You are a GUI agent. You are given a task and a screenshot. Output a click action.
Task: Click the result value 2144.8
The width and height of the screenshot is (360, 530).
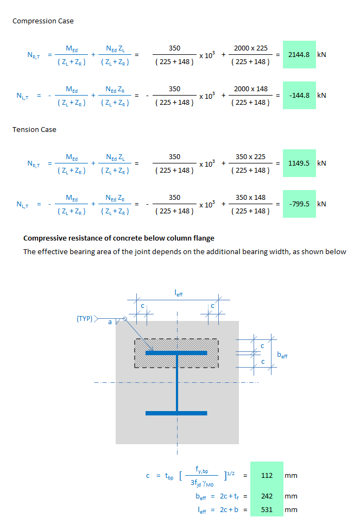click(299, 55)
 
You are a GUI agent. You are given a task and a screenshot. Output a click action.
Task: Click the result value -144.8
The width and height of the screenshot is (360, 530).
click(299, 95)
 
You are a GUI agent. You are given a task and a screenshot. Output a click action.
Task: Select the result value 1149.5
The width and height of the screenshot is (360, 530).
click(299, 163)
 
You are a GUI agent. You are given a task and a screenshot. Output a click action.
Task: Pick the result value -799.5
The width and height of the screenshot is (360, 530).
click(299, 204)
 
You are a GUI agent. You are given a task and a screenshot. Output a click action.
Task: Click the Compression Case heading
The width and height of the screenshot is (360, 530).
click(43, 21)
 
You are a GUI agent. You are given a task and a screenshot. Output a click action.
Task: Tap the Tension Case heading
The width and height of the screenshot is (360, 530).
click(34, 130)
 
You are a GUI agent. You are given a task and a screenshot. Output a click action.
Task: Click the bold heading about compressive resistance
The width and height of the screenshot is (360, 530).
click(119, 238)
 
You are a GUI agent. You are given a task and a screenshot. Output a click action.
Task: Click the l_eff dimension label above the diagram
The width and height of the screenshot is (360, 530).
click(178, 294)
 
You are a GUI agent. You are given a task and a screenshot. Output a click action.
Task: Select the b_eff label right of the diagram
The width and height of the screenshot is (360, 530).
click(282, 355)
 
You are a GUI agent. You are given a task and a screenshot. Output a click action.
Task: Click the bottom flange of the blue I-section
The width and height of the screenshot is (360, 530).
click(176, 413)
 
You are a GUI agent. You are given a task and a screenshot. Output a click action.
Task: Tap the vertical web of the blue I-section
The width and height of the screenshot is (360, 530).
click(176, 383)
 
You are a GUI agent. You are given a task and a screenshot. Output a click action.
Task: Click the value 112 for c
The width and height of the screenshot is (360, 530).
click(267, 475)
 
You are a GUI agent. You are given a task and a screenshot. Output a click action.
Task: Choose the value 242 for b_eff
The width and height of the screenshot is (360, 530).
click(267, 496)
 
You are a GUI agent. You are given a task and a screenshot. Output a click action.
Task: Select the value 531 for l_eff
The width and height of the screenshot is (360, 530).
click(267, 510)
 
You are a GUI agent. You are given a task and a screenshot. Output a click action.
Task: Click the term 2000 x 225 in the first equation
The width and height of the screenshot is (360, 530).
click(250, 48)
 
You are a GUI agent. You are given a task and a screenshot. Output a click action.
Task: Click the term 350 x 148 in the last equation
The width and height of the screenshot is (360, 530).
click(250, 198)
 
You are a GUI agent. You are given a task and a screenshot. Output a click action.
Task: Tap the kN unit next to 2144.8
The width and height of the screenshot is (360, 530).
click(321, 55)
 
